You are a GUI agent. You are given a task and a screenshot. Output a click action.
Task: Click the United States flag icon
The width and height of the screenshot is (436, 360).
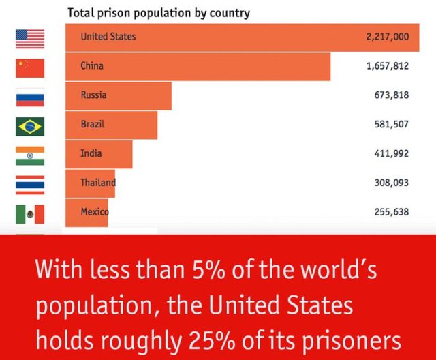click(30, 38)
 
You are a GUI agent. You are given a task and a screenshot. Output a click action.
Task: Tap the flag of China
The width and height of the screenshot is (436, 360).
click(30, 67)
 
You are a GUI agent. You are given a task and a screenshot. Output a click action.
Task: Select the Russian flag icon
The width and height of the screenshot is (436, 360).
click(30, 97)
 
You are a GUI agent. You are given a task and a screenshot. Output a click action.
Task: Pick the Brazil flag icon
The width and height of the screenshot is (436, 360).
click(30, 126)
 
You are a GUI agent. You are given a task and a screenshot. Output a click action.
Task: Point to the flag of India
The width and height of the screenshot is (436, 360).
click(30, 155)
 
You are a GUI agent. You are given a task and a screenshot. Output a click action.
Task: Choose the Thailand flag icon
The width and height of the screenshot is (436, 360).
click(30, 184)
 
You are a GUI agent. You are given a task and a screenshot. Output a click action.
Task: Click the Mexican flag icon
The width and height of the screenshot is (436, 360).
click(30, 213)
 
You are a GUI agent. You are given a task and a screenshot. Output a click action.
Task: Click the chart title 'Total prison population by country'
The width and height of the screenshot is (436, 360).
click(158, 13)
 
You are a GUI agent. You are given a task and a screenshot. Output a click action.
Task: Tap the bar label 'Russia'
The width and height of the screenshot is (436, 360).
click(93, 95)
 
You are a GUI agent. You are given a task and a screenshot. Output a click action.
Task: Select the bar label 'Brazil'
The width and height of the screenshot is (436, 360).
click(93, 125)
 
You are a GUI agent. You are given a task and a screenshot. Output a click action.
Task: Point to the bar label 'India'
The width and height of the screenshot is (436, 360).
click(91, 153)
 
